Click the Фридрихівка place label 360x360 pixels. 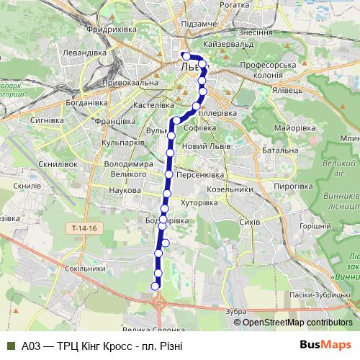[x=111, y=30]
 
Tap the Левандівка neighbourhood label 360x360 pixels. [x=84, y=53]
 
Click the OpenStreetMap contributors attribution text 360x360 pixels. [x=297, y=323]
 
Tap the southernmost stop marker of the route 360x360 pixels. [x=155, y=287]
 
